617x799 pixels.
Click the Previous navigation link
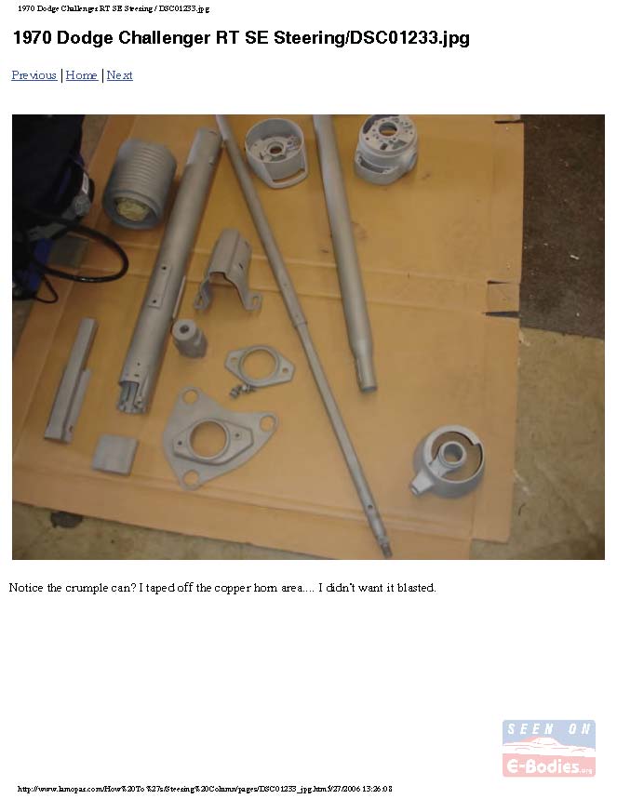34,75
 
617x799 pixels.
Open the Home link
82,75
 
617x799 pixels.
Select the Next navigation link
120,75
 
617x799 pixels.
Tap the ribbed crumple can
139,183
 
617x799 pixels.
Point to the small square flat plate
114,454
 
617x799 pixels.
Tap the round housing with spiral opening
449,460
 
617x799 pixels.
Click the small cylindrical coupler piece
188,338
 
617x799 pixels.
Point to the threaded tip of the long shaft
386,551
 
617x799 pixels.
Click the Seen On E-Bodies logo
549,748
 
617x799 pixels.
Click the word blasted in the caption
417,588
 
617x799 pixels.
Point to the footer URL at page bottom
205,789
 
